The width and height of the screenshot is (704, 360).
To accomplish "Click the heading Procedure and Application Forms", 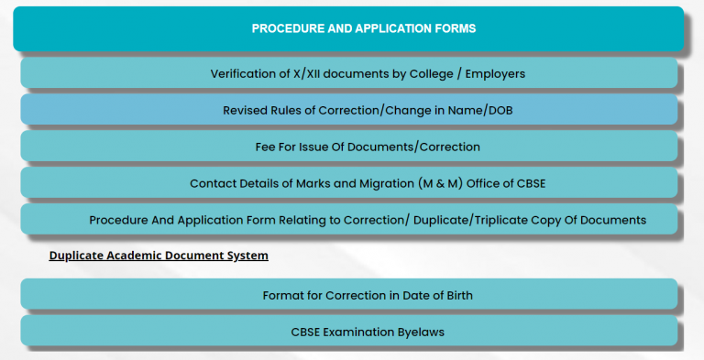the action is (x=364, y=28).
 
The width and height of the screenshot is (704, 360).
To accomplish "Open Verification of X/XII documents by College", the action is (x=349, y=73).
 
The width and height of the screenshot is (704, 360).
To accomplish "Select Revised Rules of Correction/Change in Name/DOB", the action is (x=349, y=110).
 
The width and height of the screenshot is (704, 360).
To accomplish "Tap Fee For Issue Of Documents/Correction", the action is (x=349, y=147).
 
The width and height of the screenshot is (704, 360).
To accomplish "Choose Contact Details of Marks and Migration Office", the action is (x=349, y=183).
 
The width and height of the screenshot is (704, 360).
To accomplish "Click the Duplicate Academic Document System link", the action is (x=159, y=256).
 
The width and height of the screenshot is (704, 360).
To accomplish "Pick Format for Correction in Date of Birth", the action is (x=349, y=295).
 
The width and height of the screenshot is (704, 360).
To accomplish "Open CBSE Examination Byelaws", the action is (x=349, y=332).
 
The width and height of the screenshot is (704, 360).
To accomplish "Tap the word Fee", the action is (x=266, y=147).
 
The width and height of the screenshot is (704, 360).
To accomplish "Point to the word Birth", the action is (x=418, y=295).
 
